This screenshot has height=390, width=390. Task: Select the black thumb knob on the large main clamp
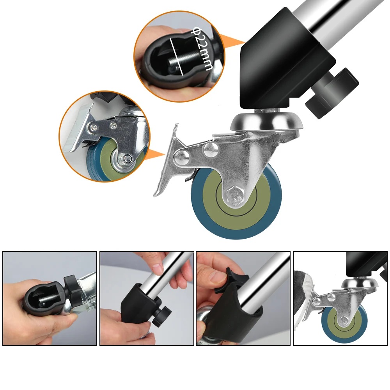[332, 92]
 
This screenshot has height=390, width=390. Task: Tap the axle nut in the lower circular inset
[128, 158]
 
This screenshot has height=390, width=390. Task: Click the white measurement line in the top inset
[177, 57]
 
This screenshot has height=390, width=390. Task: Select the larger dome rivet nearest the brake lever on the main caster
[181, 158]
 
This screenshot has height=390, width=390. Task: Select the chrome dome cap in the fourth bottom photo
[360, 284]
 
